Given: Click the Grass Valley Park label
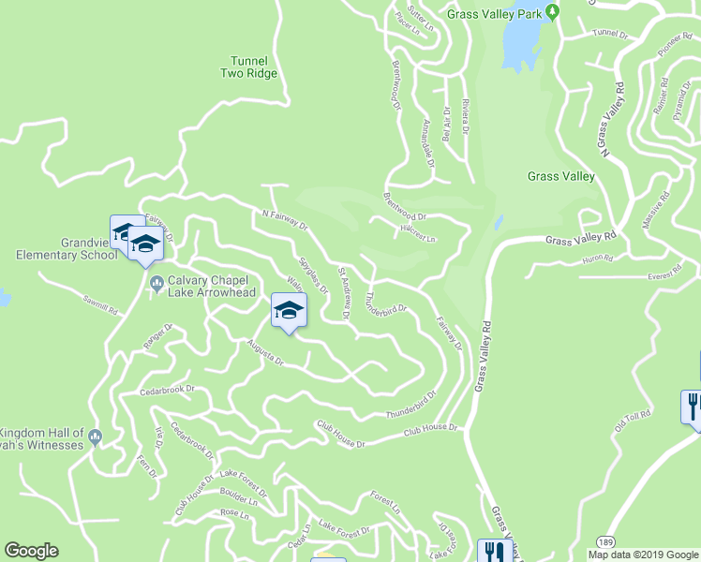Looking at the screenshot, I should point(495,14).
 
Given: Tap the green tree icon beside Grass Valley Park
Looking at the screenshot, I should point(553,13).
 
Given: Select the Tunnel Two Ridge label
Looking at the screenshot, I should point(249,66).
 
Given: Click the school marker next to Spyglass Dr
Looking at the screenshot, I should point(289,310).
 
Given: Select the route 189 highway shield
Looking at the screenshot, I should point(606,543).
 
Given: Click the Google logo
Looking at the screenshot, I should point(31,551).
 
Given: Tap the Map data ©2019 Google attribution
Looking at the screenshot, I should point(643,555).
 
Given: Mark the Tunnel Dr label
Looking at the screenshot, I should point(610,34).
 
